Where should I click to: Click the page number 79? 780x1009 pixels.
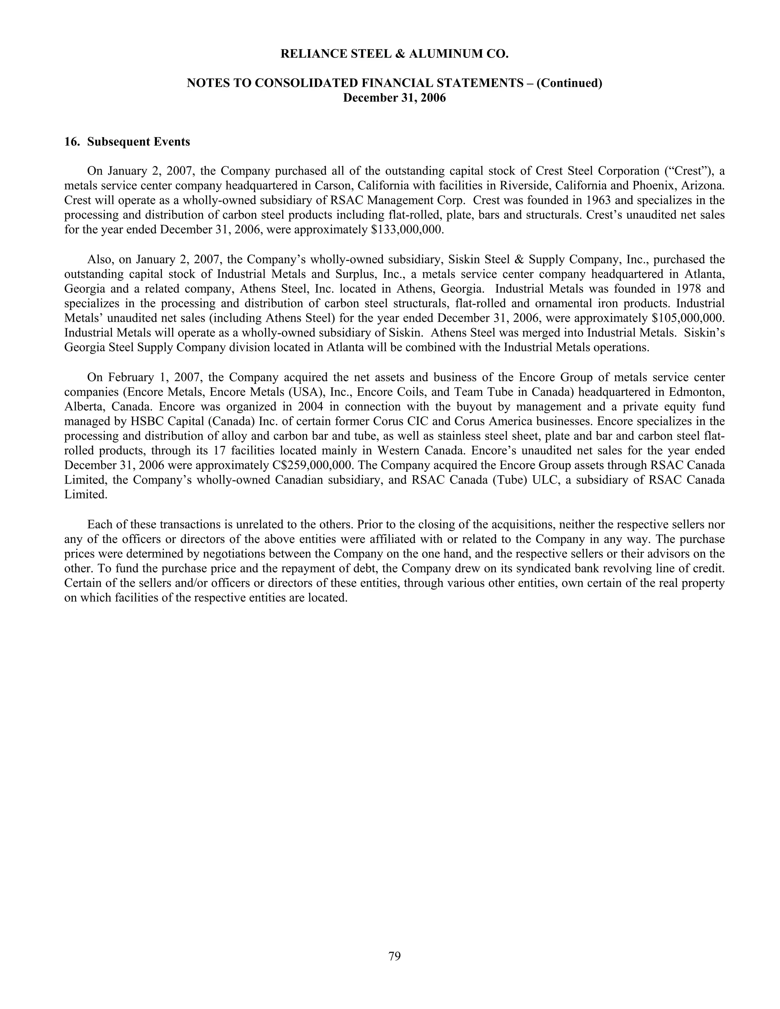coord(394,955)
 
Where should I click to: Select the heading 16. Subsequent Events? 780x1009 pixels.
coord(127,142)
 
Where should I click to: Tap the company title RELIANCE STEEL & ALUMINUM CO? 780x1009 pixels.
coord(394,54)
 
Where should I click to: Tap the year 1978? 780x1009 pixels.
coord(689,289)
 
